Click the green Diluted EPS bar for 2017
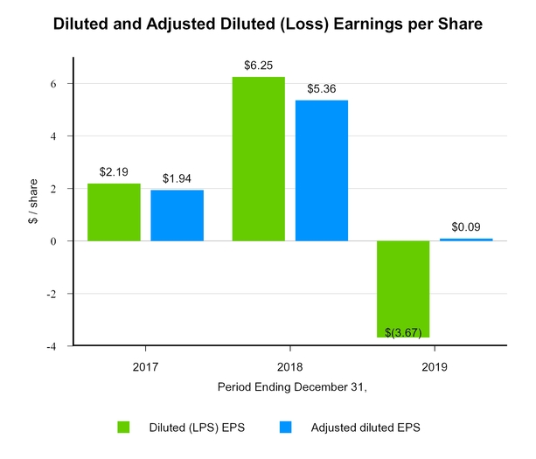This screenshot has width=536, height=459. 114,212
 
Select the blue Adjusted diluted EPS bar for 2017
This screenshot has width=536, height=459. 177,215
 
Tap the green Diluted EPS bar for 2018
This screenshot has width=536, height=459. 258,158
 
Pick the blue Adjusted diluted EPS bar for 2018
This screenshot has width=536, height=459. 321,170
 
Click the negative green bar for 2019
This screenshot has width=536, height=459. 403,289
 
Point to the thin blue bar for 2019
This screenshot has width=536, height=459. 466,240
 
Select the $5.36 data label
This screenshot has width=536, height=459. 321,89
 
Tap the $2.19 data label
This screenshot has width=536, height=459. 114,172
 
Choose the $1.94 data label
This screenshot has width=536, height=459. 177,178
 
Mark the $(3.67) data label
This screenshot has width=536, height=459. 403,331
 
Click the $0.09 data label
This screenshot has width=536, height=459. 466,227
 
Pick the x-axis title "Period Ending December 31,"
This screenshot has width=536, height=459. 289,386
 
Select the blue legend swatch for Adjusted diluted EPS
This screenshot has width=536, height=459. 285,427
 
